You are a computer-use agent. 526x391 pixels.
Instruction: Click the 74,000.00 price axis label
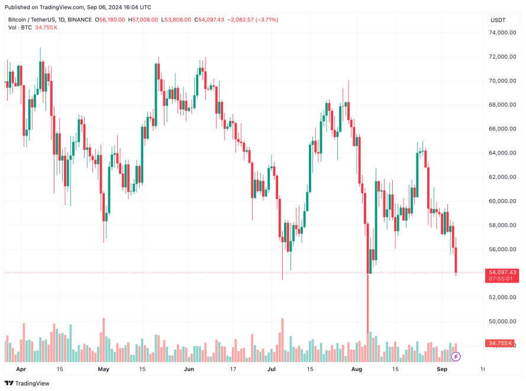point(503,33)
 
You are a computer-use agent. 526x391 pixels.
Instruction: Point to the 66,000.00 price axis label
point(503,129)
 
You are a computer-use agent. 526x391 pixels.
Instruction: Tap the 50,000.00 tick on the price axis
point(503,321)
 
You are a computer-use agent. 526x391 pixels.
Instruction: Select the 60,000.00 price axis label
point(503,201)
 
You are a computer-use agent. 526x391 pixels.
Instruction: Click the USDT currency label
point(498,20)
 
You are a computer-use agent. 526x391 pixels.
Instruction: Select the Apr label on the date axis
point(21,369)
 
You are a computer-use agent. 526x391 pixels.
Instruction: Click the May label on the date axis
point(104,369)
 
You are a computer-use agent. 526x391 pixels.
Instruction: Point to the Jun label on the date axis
point(189,369)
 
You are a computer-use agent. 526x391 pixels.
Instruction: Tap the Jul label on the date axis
point(271,369)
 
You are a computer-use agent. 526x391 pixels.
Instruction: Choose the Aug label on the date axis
point(356,369)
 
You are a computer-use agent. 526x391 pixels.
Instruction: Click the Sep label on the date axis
point(441,369)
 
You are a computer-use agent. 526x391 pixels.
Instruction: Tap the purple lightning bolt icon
point(456,356)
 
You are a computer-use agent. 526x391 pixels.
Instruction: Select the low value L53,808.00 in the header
point(176,20)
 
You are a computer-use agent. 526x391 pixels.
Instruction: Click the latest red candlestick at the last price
point(456,261)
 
